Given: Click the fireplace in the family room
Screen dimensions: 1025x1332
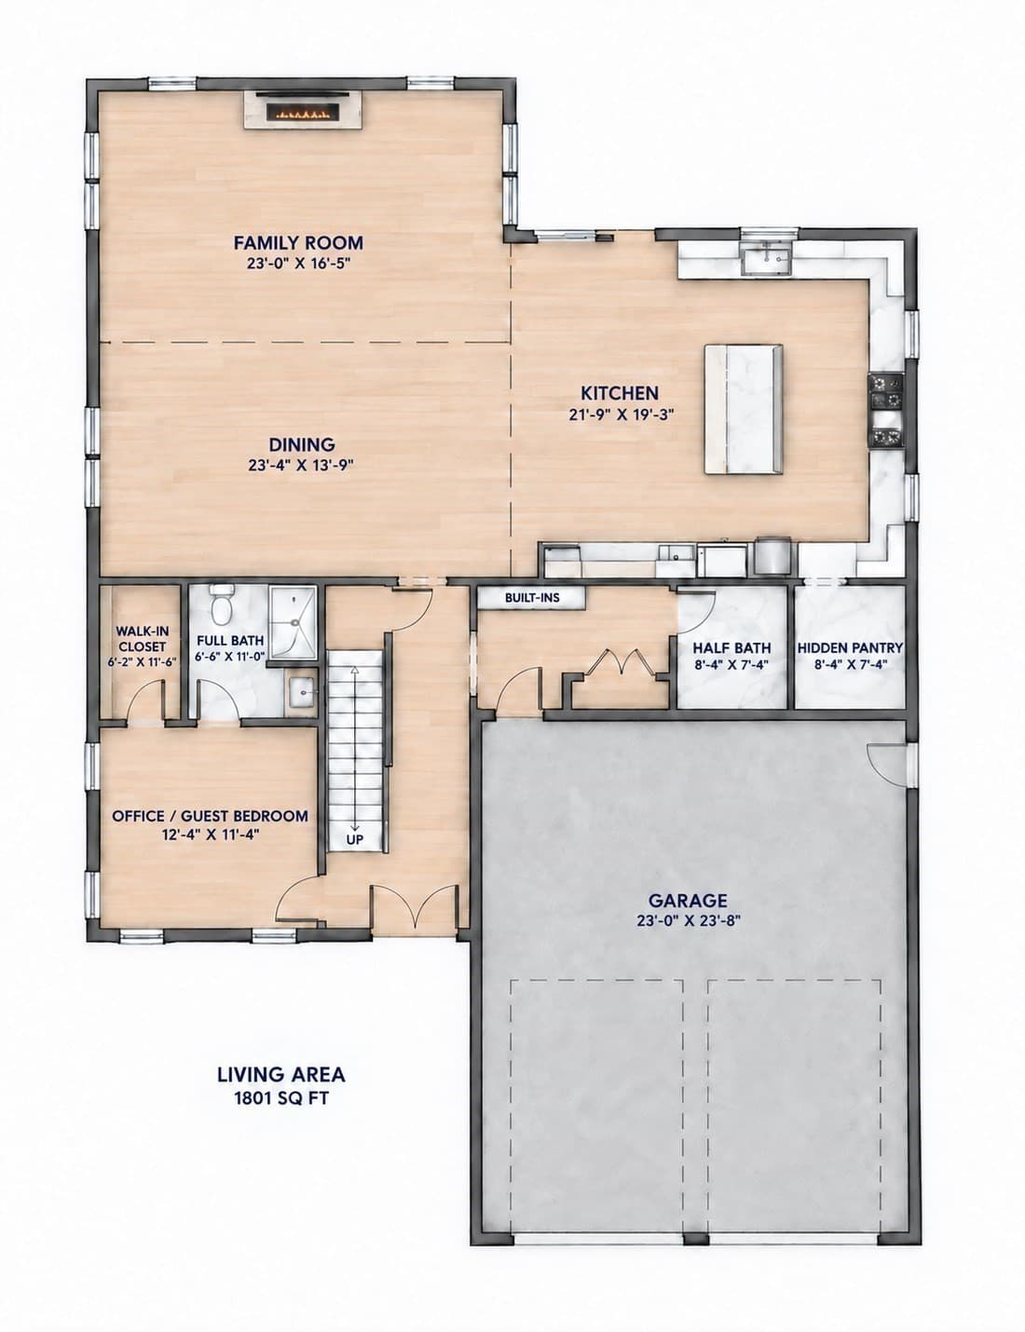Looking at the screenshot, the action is [302, 110].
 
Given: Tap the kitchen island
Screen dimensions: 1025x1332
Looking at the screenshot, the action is [743, 409].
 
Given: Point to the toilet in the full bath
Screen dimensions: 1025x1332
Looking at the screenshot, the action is [221, 604].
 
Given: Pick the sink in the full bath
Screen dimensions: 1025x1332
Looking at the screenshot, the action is [302, 693].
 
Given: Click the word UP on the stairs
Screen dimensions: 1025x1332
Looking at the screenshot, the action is [355, 839].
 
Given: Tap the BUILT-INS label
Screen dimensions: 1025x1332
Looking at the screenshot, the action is [532, 598].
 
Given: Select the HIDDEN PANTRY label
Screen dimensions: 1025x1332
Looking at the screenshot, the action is [850, 648].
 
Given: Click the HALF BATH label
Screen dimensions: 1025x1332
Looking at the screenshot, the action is [732, 648].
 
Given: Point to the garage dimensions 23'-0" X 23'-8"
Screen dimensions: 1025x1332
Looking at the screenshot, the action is [688, 920].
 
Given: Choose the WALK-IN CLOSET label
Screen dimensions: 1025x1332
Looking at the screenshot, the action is [143, 639].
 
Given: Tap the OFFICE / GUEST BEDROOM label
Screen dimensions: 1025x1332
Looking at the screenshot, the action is [211, 816].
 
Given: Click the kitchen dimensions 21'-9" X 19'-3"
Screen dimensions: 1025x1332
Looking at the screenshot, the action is [622, 415].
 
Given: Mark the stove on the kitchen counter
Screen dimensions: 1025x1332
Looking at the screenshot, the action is [886, 410].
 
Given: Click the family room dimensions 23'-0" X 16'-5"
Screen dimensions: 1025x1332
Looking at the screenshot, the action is [298, 264].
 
